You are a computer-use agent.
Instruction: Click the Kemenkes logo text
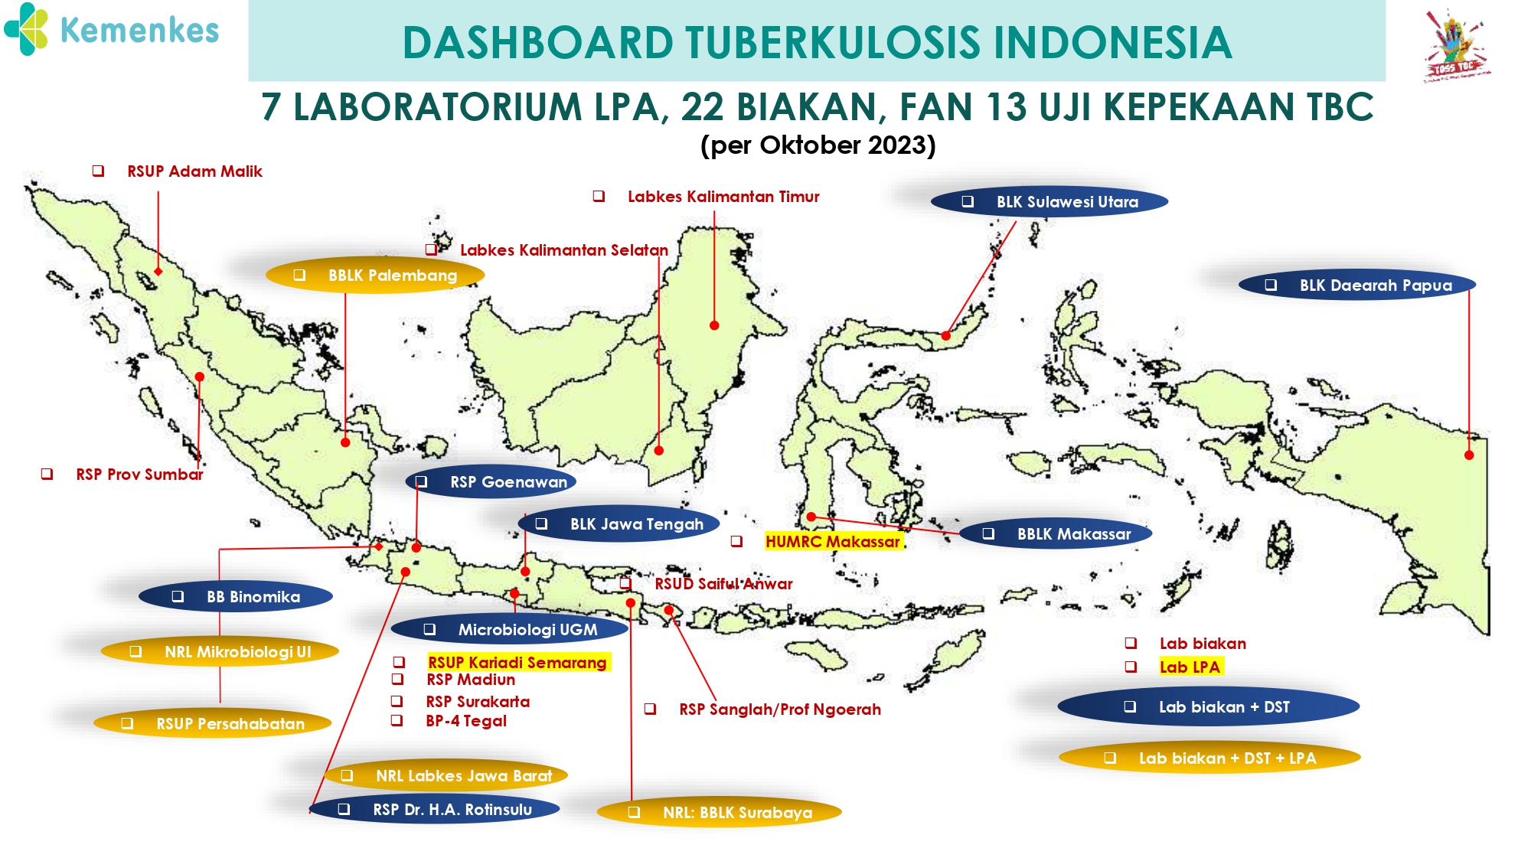click(x=139, y=31)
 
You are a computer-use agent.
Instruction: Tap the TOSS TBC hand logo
click(x=1455, y=44)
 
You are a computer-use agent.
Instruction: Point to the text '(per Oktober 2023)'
click(x=818, y=145)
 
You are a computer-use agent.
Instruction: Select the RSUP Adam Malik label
click(x=194, y=171)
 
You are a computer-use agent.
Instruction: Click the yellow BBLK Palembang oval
click(x=375, y=276)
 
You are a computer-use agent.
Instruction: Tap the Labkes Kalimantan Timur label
click(x=723, y=197)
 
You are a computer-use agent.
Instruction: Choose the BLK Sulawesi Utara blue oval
click(x=1050, y=202)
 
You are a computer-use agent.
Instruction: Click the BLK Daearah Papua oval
click(x=1357, y=285)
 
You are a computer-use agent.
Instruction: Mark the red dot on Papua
click(x=1469, y=455)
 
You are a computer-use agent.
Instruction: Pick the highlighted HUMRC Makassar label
click(x=834, y=542)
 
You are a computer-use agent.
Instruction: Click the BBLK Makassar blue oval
click(x=1056, y=534)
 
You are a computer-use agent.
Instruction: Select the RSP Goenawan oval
click(x=491, y=482)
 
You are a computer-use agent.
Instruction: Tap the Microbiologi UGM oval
click(x=510, y=630)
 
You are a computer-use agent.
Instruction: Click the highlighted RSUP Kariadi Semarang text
click(x=517, y=663)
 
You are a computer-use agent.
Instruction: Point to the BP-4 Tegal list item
click(x=466, y=721)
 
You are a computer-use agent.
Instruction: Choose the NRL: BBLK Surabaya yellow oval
click(x=720, y=813)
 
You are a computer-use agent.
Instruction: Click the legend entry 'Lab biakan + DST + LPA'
click(x=1209, y=758)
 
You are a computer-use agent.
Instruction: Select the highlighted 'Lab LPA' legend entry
click(x=1190, y=667)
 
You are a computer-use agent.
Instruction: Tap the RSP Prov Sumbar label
click(x=139, y=475)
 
